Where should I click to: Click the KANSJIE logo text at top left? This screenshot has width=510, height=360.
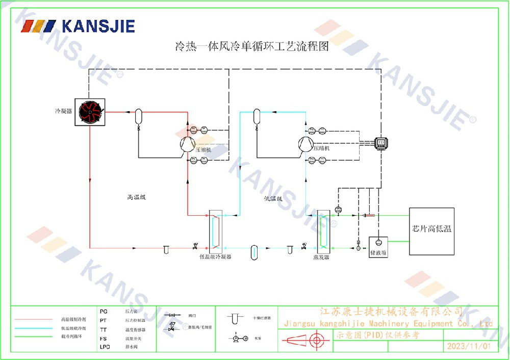[x=98, y=25]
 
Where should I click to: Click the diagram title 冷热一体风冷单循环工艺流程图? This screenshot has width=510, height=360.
[x=251, y=47]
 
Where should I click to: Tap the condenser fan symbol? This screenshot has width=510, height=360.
[x=90, y=112]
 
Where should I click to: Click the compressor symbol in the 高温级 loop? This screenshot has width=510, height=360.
[x=188, y=144]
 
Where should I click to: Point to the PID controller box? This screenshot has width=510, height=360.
[x=381, y=143]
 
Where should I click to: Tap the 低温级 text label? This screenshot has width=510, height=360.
[x=273, y=198]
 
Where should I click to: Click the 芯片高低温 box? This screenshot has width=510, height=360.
[x=431, y=232]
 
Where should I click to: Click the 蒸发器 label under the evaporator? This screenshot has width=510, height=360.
[x=321, y=258]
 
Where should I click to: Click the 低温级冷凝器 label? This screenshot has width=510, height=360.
[x=216, y=258]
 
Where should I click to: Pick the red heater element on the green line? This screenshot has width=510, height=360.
[x=368, y=215]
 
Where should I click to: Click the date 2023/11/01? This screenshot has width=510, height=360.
[x=468, y=346]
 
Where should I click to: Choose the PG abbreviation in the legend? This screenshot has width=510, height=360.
[x=104, y=311]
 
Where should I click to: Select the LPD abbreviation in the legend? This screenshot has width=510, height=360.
[x=105, y=347]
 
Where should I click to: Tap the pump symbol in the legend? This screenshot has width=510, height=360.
[x=237, y=338]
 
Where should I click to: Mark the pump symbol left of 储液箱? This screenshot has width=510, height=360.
[x=359, y=248]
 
